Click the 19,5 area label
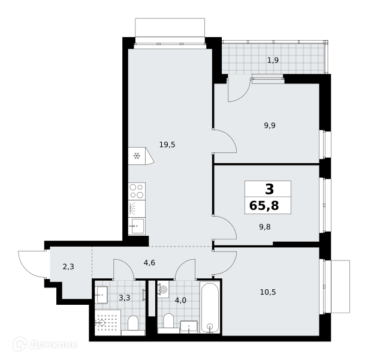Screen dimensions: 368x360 (167, 145)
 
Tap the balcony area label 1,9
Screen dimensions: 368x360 (273, 61)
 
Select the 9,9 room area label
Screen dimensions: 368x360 (270, 125)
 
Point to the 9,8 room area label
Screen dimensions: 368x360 (265, 227)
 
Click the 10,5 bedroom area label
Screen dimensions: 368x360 (268, 292)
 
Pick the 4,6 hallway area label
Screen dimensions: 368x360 (149, 262)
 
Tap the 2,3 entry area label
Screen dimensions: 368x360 (68, 267)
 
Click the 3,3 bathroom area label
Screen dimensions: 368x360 (125, 298)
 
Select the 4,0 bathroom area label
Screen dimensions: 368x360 (180, 300)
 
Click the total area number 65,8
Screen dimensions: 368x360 (264, 206)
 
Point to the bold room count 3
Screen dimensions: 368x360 (269, 189)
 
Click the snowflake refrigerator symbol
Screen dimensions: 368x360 (137, 156)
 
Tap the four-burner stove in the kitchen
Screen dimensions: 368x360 (137, 191)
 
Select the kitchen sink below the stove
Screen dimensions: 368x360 (137, 226)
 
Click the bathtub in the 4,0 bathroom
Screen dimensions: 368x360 (210, 307)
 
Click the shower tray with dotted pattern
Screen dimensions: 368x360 (108, 323)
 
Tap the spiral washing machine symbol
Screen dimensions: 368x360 (163, 290)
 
